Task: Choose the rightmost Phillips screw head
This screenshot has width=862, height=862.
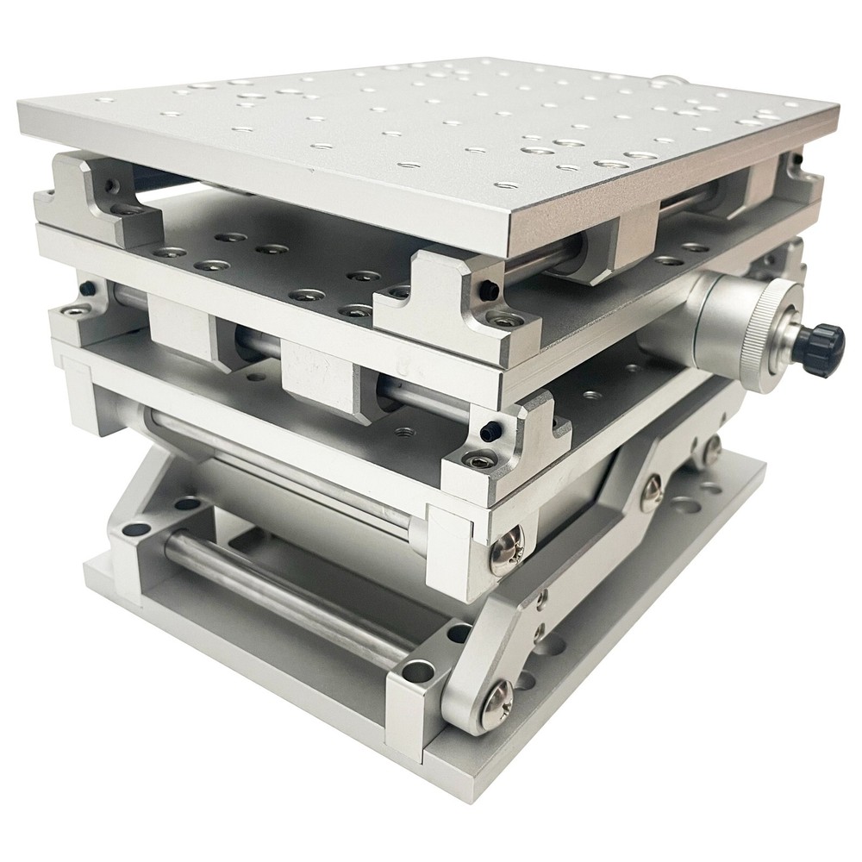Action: (x=711, y=447)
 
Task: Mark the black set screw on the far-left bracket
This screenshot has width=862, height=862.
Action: (x=111, y=184)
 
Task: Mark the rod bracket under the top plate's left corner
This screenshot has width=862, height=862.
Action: (x=95, y=194)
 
